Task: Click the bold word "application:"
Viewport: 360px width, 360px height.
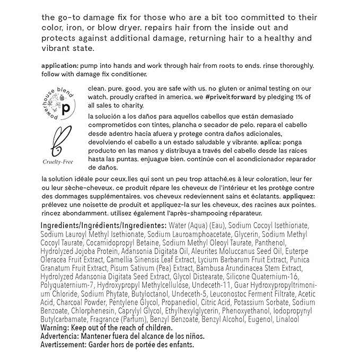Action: [x=59, y=65]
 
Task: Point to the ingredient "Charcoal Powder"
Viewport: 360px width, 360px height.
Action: [x=77, y=302]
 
